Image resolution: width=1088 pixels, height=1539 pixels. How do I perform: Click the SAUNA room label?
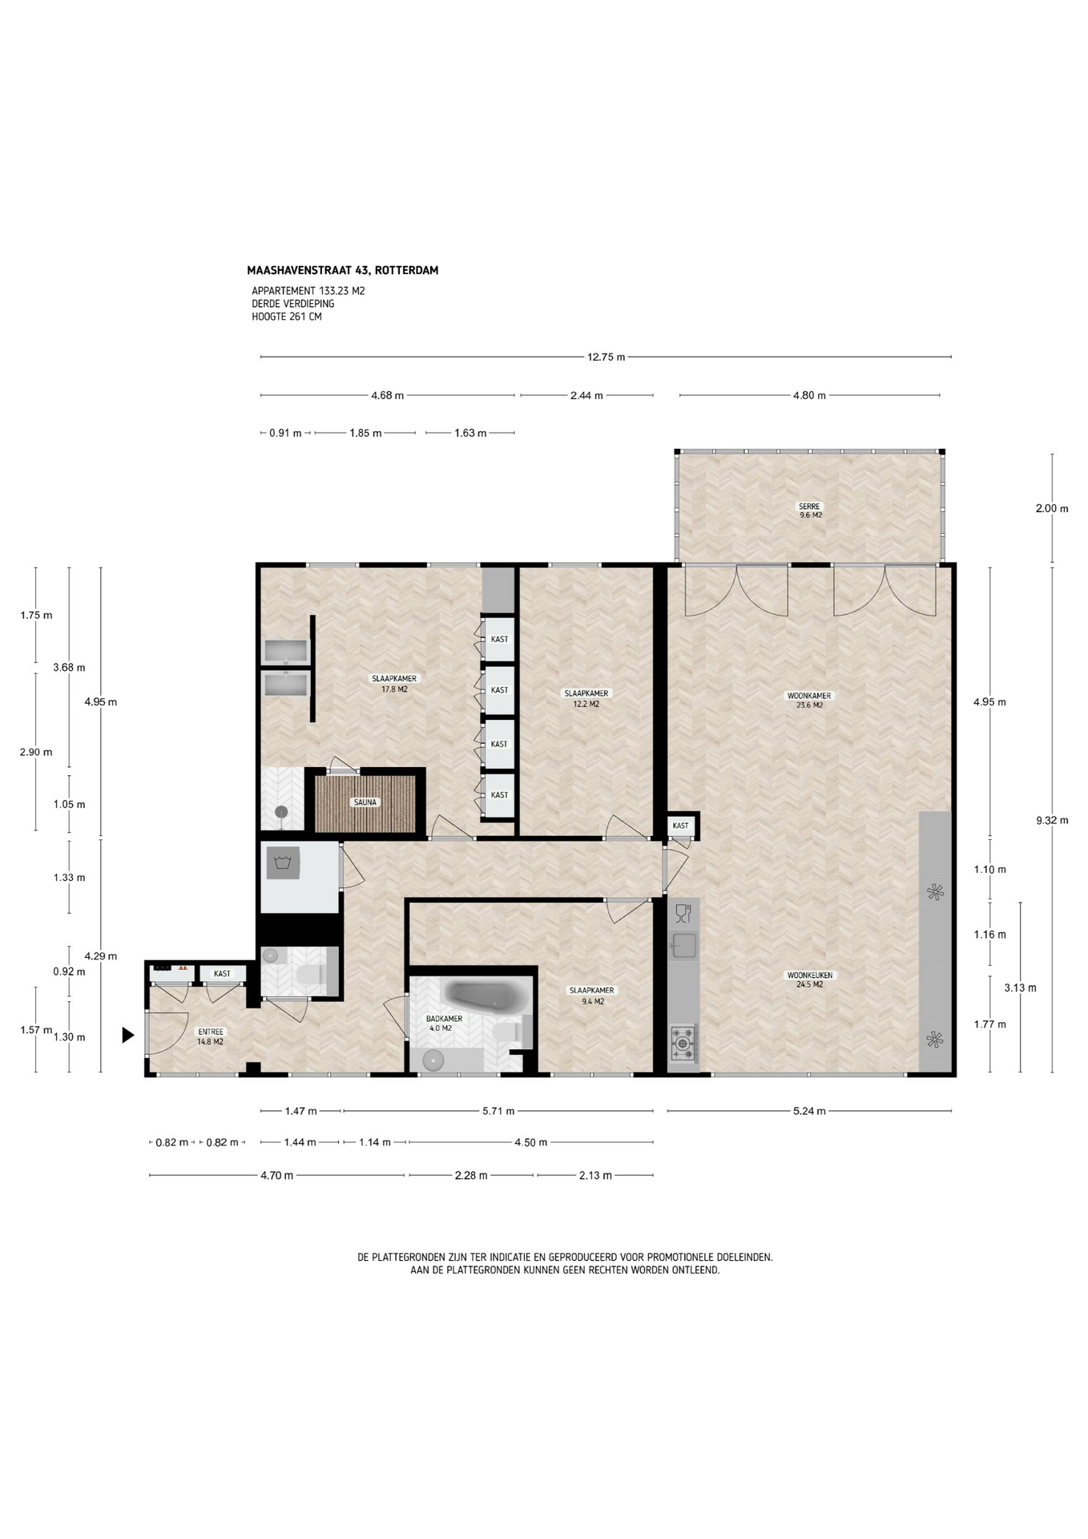click(x=365, y=802)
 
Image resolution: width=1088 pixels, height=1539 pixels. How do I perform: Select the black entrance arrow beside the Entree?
click(x=127, y=1036)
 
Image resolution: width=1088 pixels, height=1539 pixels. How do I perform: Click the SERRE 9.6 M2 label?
click(x=809, y=511)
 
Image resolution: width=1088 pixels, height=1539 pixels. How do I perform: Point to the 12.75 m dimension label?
click(x=606, y=357)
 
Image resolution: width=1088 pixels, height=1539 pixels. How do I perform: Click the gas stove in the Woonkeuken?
click(x=683, y=1042)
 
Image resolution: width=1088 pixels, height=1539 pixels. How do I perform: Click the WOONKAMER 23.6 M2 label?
click(x=809, y=701)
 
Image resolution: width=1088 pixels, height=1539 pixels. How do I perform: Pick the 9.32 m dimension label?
click(x=1052, y=820)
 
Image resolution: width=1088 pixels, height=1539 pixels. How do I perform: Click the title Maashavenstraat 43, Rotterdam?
click(x=343, y=270)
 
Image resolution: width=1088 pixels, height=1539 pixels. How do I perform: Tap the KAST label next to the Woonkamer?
click(x=680, y=826)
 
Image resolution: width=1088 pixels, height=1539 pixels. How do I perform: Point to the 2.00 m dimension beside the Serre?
click(x=1052, y=508)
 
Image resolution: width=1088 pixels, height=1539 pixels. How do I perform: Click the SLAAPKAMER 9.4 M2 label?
click(x=591, y=996)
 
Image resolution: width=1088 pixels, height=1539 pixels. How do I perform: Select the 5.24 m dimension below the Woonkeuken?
click(x=809, y=1111)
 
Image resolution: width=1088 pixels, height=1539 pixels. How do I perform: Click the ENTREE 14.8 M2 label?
click(x=211, y=1036)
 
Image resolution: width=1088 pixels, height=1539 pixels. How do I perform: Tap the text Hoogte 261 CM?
click(x=287, y=317)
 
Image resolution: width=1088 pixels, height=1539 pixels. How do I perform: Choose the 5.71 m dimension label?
click(x=498, y=1111)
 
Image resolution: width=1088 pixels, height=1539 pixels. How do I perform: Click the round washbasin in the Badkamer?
click(x=433, y=1060)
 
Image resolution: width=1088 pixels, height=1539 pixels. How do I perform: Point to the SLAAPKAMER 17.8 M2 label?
click(x=394, y=684)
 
